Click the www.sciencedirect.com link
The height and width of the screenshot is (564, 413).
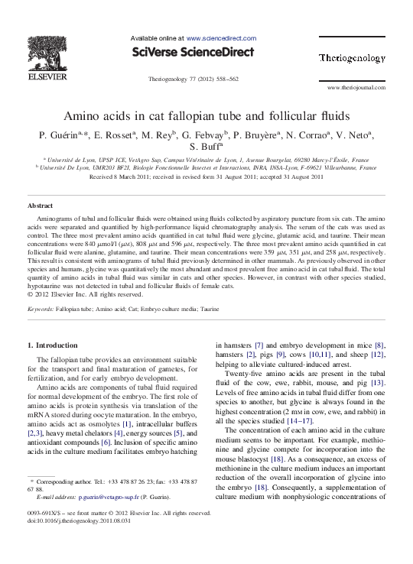(x=221, y=37)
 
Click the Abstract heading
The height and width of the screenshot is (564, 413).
(x=40, y=206)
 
